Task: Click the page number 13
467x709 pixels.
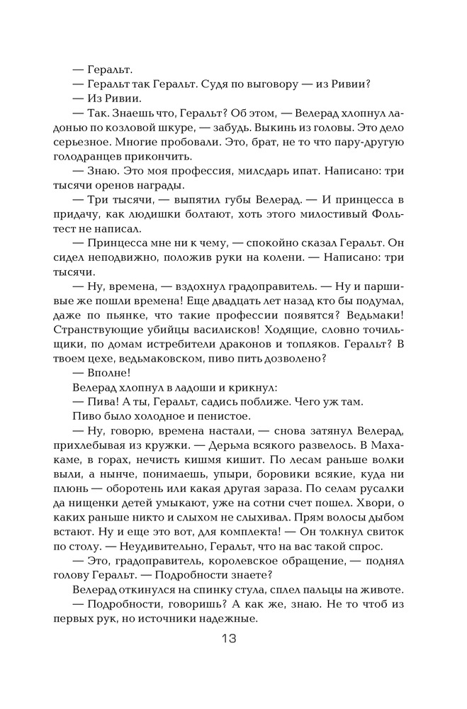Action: click(227, 638)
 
